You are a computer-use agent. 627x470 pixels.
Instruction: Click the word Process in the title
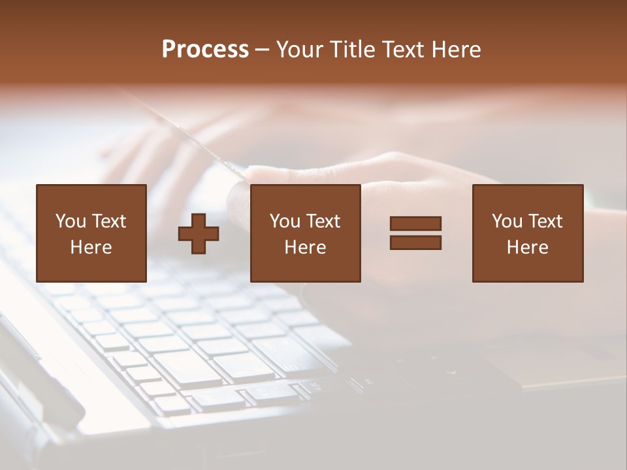pos(205,50)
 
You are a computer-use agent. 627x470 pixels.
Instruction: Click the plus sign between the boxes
pos(199,234)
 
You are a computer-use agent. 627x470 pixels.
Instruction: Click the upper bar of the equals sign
pos(415,223)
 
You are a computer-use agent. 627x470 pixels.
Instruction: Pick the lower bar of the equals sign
pos(415,242)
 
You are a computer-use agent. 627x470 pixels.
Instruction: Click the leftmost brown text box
pos(91,233)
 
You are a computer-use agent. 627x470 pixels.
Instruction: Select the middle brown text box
pos(305,233)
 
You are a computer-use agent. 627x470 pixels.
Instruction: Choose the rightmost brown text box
pos(528,233)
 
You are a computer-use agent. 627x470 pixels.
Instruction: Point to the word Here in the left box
pos(91,247)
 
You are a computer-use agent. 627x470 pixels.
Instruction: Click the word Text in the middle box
pos(323,221)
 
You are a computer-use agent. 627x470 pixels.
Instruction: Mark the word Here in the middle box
pos(305,247)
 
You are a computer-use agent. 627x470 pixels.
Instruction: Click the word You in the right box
pos(507,221)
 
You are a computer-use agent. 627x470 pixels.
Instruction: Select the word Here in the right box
pos(528,247)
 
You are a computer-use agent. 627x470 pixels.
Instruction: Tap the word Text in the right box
pos(545,221)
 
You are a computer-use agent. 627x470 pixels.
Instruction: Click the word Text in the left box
pos(109,221)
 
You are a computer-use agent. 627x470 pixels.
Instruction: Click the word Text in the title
pos(400,50)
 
